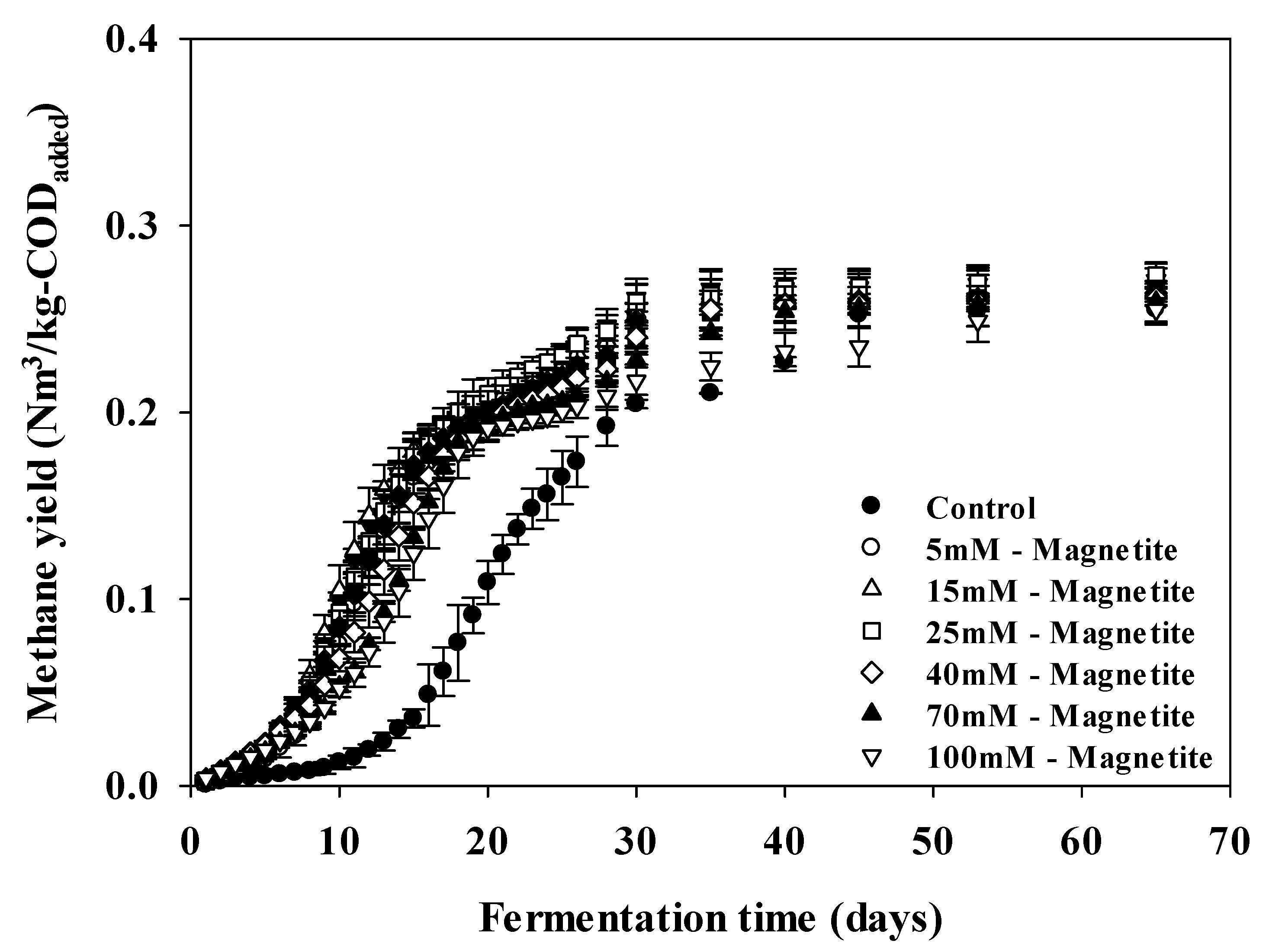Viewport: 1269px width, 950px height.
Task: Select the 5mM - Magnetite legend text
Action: (x=1051, y=550)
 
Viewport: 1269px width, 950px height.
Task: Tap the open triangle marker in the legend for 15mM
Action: (x=871, y=589)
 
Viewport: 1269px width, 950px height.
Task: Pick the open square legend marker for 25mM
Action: (x=871, y=631)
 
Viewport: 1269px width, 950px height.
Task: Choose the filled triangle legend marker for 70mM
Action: (x=871, y=714)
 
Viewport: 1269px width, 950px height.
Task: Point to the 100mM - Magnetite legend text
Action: (x=1069, y=758)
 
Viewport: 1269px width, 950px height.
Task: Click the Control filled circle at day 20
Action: (x=487, y=582)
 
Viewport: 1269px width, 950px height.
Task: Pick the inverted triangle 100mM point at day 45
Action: (x=859, y=348)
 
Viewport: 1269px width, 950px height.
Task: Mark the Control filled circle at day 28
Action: (x=606, y=425)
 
